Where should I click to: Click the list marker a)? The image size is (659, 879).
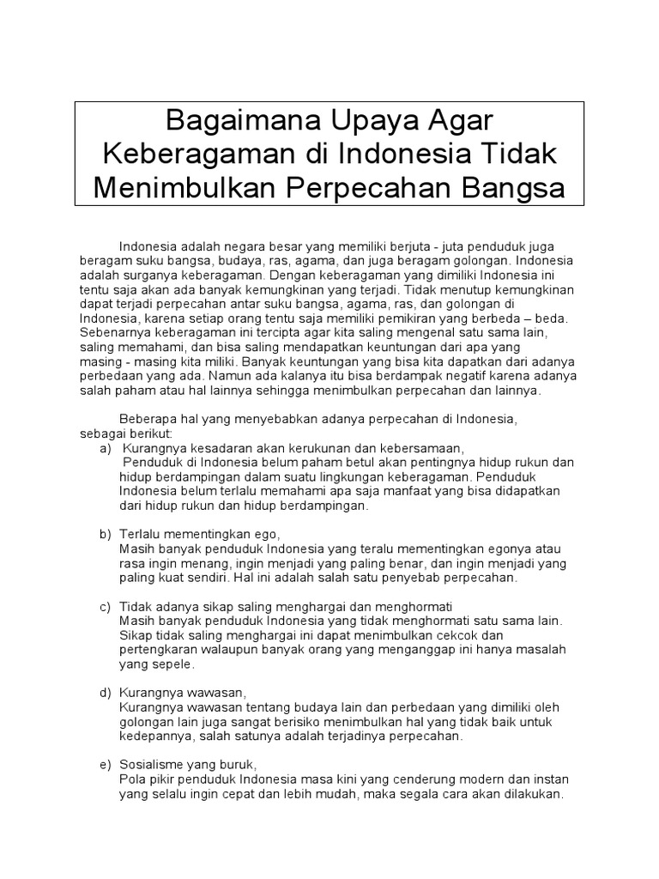[x=106, y=449]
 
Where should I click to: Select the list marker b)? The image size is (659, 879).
[x=106, y=534]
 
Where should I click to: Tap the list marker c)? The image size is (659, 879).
[x=106, y=607]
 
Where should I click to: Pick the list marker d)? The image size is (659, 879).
[x=106, y=693]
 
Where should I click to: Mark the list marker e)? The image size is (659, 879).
[x=106, y=765]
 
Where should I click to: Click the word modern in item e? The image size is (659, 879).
[x=471, y=779]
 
